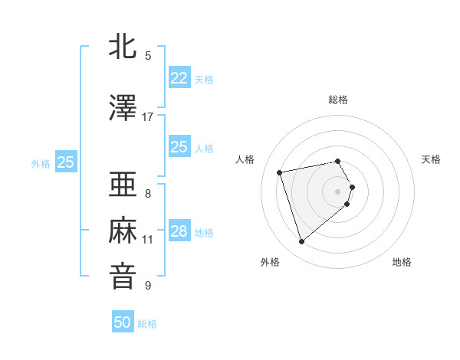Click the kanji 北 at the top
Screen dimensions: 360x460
coord(123,47)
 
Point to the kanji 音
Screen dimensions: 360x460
coord(123,276)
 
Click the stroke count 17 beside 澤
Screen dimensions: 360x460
coord(148,117)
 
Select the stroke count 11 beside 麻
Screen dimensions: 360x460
coord(148,240)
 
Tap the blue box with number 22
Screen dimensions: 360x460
coord(179,78)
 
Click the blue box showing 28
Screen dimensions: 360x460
coord(179,231)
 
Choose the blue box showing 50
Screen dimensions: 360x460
coord(123,322)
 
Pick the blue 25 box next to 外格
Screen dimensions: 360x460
coord(66,162)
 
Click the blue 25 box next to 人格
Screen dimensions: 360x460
coord(179,147)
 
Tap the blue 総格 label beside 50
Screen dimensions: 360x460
coord(147,324)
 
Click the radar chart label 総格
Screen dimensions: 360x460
coord(338,100)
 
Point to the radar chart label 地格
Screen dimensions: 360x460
coord(402,262)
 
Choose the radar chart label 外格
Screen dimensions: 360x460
coord(270,262)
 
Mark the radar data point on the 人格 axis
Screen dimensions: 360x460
coord(280,172)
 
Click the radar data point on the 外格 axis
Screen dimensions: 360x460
coord(301,241)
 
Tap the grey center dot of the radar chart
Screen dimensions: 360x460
coord(338,191)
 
